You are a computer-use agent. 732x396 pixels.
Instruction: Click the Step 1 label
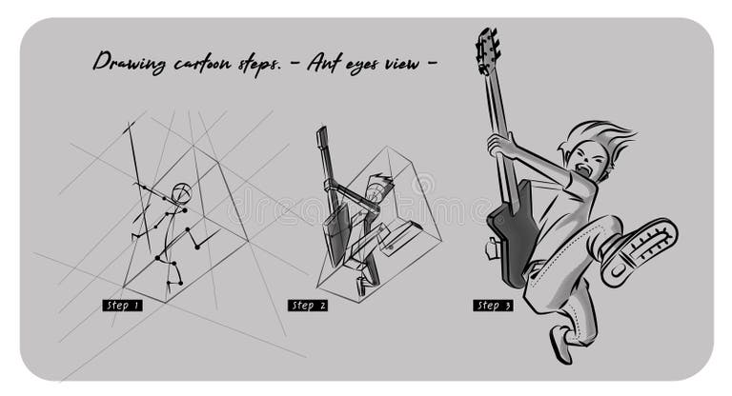tap(122, 306)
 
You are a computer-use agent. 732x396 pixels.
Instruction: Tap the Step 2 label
tap(308, 306)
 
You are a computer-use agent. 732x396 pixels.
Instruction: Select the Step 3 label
tap(493, 306)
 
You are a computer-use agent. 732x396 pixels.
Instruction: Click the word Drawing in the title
tap(130, 63)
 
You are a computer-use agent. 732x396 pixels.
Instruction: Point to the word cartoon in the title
tap(202, 63)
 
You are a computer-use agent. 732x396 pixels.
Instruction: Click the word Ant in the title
tap(325, 62)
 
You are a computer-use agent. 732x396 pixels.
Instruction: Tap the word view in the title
tap(402, 63)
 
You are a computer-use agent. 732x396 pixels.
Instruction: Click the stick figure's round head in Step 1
tap(181, 193)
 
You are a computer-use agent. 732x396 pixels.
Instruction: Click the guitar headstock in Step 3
tap(487, 50)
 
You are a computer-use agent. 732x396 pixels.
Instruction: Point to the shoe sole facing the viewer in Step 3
tap(640, 251)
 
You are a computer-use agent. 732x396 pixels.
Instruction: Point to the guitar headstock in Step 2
tap(321, 137)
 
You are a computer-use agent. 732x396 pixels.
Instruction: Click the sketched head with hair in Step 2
tap(379, 188)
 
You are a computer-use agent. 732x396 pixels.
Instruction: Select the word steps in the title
tap(259, 64)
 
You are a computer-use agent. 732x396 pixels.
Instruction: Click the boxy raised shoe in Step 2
tap(401, 238)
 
